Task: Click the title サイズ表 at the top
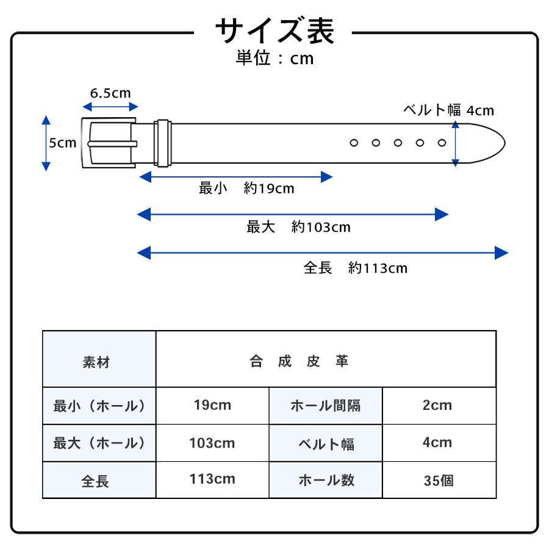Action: [x=274, y=30]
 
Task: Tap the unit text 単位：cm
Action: [x=274, y=59]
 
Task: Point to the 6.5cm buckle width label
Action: [x=110, y=93]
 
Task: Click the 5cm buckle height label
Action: [x=63, y=143]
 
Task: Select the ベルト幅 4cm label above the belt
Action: [x=448, y=110]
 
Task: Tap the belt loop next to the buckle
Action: [x=163, y=143]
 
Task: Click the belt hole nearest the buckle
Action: [x=353, y=143]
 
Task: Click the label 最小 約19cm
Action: [x=246, y=188]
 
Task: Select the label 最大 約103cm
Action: [x=298, y=228]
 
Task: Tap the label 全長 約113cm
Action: [x=355, y=268]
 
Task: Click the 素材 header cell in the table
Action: [x=96, y=362]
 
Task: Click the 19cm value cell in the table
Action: [x=212, y=405]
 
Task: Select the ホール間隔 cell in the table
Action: [x=326, y=406]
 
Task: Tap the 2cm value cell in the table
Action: [x=437, y=405]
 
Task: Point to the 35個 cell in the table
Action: [x=439, y=481]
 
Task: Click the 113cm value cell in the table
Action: [x=212, y=479]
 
